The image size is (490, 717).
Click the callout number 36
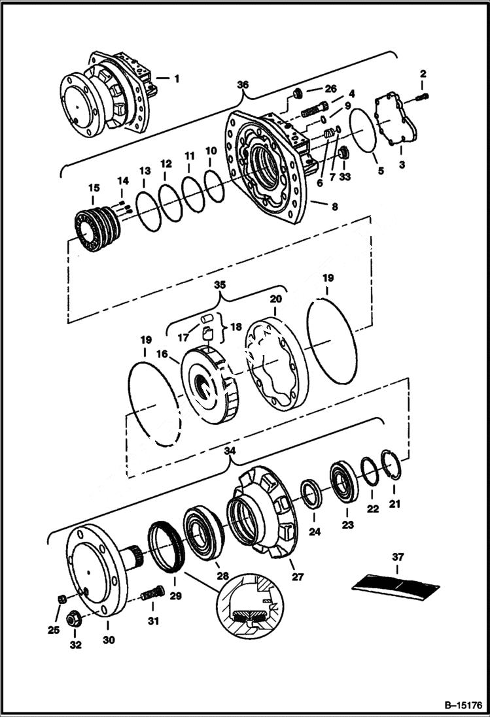click(x=243, y=85)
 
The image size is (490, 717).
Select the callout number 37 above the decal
click(x=398, y=558)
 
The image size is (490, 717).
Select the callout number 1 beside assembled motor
click(x=175, y=78)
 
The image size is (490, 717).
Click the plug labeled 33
click(x=345, y=154)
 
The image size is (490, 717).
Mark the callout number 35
click(x=220, y=285)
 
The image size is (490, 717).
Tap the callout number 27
click(x=298, y=576)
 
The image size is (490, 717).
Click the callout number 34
click(x=228, y=450)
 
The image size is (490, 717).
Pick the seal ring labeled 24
click(x=311, y=495)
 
